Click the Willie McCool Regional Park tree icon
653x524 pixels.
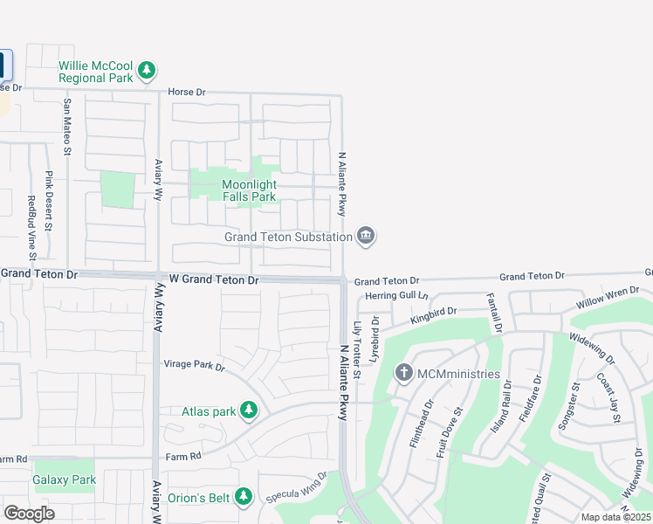click(x=148, y=70)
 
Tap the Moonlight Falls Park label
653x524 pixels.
click(x=249, y=190)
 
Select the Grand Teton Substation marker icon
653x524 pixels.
click(x=366, y=236)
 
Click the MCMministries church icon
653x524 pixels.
click(x=403, y=374)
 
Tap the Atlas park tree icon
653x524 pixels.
click(x=249, y=410)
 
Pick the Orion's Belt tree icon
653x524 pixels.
click(x=244, y=497)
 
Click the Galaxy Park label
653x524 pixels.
click(x=64, y=479)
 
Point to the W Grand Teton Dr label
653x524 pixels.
click(x=214, y=280)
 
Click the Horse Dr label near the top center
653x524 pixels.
click(x=187, y=92)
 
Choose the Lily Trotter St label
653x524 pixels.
click(x=357, y=350)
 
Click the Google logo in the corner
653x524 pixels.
click(x=29, y=513)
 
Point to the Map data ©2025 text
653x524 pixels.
click(x=615, y=517)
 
